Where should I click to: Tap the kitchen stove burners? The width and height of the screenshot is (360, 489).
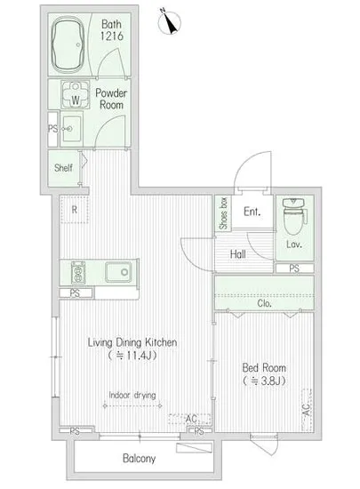coord(76,271)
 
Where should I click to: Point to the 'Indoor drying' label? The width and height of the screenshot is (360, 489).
coord(132,396)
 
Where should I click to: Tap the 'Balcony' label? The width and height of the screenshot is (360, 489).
coord(139,459)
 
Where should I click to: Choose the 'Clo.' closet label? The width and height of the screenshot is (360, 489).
coord(264,302)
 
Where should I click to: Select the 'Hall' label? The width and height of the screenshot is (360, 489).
coord(238,254)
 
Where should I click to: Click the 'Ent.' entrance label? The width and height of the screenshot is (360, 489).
coord(252,212)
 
